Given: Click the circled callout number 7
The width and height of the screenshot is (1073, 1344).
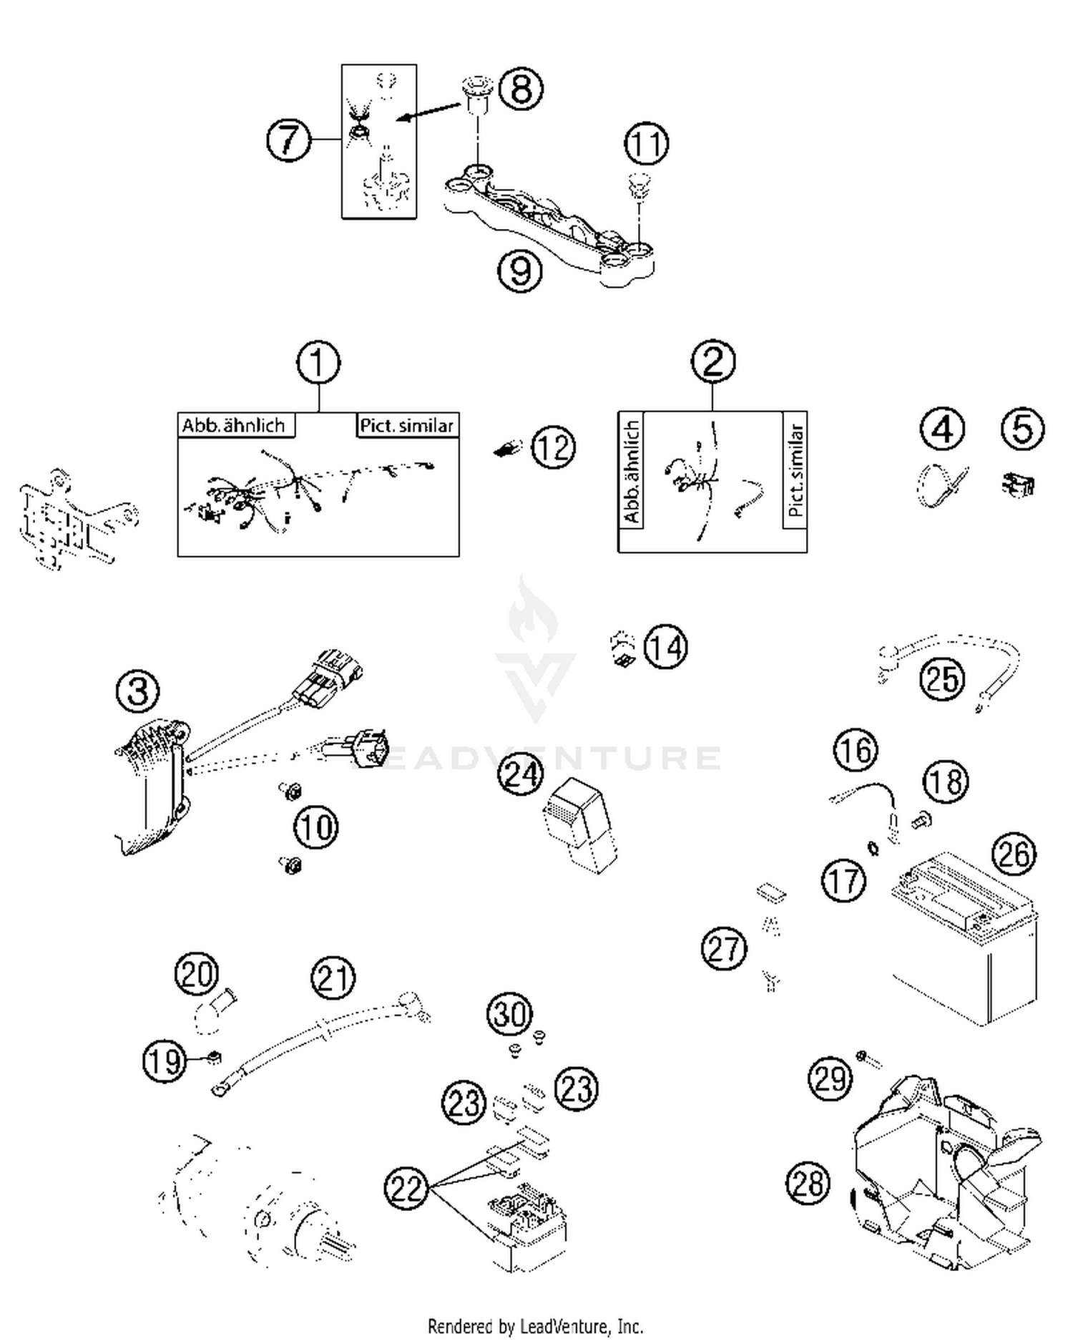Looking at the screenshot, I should click(288, 140).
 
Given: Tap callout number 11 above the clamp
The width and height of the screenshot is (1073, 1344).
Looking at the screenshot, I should click(646, 144).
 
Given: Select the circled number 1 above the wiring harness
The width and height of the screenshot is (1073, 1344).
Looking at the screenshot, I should click(318, 364).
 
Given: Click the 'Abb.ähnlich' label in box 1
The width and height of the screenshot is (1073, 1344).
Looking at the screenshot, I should click(233, 426).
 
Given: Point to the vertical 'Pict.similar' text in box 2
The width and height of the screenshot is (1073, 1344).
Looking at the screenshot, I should click(795, 470).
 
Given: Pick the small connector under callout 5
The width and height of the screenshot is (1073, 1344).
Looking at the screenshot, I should click(1018, 486).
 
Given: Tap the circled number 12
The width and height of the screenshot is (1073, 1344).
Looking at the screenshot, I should click(553, 447).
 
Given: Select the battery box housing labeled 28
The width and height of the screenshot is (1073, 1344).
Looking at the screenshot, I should click(944, 1174).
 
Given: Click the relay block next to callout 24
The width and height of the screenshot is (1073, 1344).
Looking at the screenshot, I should click(579, 823).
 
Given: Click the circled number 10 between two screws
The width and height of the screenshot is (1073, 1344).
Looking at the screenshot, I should click(315, 828).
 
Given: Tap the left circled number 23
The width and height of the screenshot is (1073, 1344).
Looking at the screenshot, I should click(463, 1103).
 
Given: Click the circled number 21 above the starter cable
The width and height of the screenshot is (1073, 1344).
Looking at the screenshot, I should click(333, 978).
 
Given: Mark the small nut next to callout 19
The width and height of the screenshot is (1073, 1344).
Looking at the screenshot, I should click(213, 1057).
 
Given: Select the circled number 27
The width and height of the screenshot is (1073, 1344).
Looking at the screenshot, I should click(724, 949).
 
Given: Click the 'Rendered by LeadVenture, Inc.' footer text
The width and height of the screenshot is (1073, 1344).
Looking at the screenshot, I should click(535, 1327).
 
